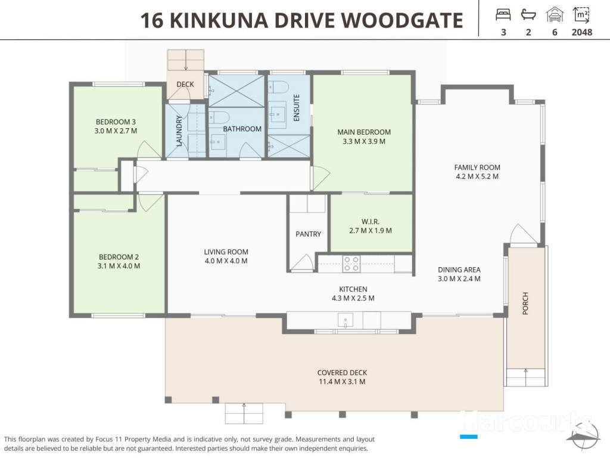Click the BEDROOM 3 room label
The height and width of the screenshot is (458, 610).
116,122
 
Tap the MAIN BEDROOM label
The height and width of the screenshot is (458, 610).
364,132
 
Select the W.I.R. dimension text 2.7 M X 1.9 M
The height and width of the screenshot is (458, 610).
371,231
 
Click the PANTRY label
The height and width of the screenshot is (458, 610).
308,234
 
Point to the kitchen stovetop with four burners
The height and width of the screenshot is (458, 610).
351,264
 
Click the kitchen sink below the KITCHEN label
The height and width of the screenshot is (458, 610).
345,320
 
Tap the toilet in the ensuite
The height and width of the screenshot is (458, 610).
278,86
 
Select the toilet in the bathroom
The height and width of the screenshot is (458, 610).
220,117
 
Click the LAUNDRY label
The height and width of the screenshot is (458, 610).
179,131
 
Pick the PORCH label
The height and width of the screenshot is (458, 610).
525,304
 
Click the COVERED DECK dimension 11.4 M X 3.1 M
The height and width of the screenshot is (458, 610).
342,382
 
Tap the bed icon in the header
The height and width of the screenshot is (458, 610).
503,15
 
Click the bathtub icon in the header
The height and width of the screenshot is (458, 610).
528,15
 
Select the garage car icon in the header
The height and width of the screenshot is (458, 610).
555,15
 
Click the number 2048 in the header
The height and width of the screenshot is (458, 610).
581,32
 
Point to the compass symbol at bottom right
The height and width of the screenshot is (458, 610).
583,434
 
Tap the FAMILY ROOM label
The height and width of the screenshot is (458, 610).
477,168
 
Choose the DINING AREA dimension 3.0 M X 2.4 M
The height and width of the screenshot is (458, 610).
459,279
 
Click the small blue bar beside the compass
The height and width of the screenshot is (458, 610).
468,437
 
